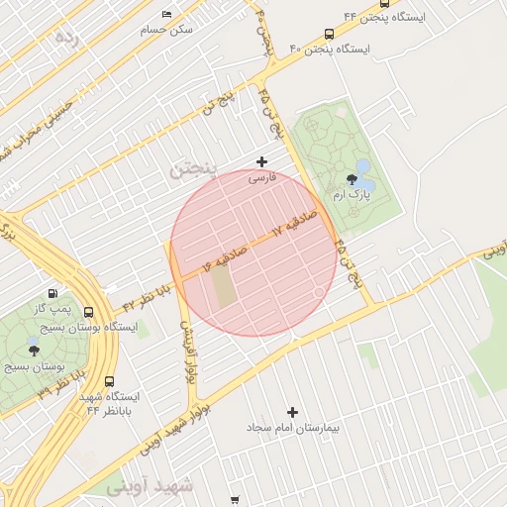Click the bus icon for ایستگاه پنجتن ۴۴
pyautogui.click(x=384, y=3)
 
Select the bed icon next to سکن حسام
pyautogui.click(x=165, y=14)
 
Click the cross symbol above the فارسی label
pyautogui.click(x=261, y=161)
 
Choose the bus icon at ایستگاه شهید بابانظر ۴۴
pyautogui.click(x=108, y=380)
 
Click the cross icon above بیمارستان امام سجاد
pyautogui.click(x=291, y=412)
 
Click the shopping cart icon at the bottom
pyautogui.click(x=234, y=500)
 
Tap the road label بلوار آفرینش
pyautogui.click(x=186, y=353)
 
